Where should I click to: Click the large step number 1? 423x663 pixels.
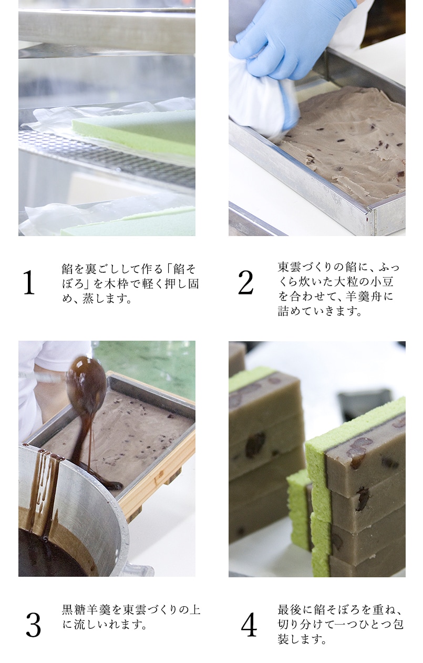click(x=28, y=283)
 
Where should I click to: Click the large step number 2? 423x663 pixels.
click(x=245, y=283)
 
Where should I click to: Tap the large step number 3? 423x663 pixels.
click(x=33, y=625)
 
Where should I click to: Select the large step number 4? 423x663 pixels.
click(x=249, y=625)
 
